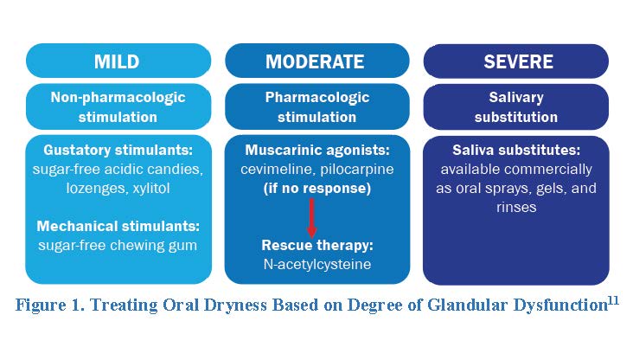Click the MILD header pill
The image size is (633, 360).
[118, 61]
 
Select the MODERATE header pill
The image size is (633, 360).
[316, 61]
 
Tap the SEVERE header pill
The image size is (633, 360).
[516, 61]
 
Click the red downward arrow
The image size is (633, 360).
[311, 218]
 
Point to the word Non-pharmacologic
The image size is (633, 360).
[118, 98]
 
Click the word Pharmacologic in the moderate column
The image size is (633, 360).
[316, 98]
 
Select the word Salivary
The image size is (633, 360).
[516, 98]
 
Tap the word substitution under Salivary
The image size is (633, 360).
[516, 117]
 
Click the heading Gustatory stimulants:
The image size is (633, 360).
[118, 151]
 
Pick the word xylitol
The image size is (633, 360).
[151, 189]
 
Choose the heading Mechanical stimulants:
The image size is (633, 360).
[118, 226]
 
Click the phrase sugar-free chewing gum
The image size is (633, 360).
[118, 246]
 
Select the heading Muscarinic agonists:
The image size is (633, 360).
[317, 151]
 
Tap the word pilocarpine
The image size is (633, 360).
[357, 170]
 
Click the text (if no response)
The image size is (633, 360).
[316, 189]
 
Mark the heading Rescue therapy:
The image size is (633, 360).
[317, 245]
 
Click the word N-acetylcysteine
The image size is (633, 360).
[316, 264]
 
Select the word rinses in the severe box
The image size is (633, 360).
[516, 208]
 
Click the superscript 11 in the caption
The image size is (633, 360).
[613, 300]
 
